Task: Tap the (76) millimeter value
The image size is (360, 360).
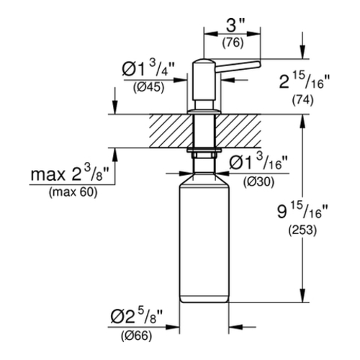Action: click(x=233, y=43)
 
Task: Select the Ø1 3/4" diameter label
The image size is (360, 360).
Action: click(x=148, y=69)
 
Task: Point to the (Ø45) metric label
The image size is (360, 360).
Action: click(x=149, y=87)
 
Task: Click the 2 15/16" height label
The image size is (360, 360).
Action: click(x=305, y=81)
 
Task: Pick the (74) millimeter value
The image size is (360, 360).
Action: click(x=302, y=100)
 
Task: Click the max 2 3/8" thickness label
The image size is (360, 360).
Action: click(x=70, y=174)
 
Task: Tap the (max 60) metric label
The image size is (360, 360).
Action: click(x=73, y=192)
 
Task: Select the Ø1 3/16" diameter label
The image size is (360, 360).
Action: click(x=258, y=161)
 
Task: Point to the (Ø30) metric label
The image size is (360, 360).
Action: click(x=258, y=183)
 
